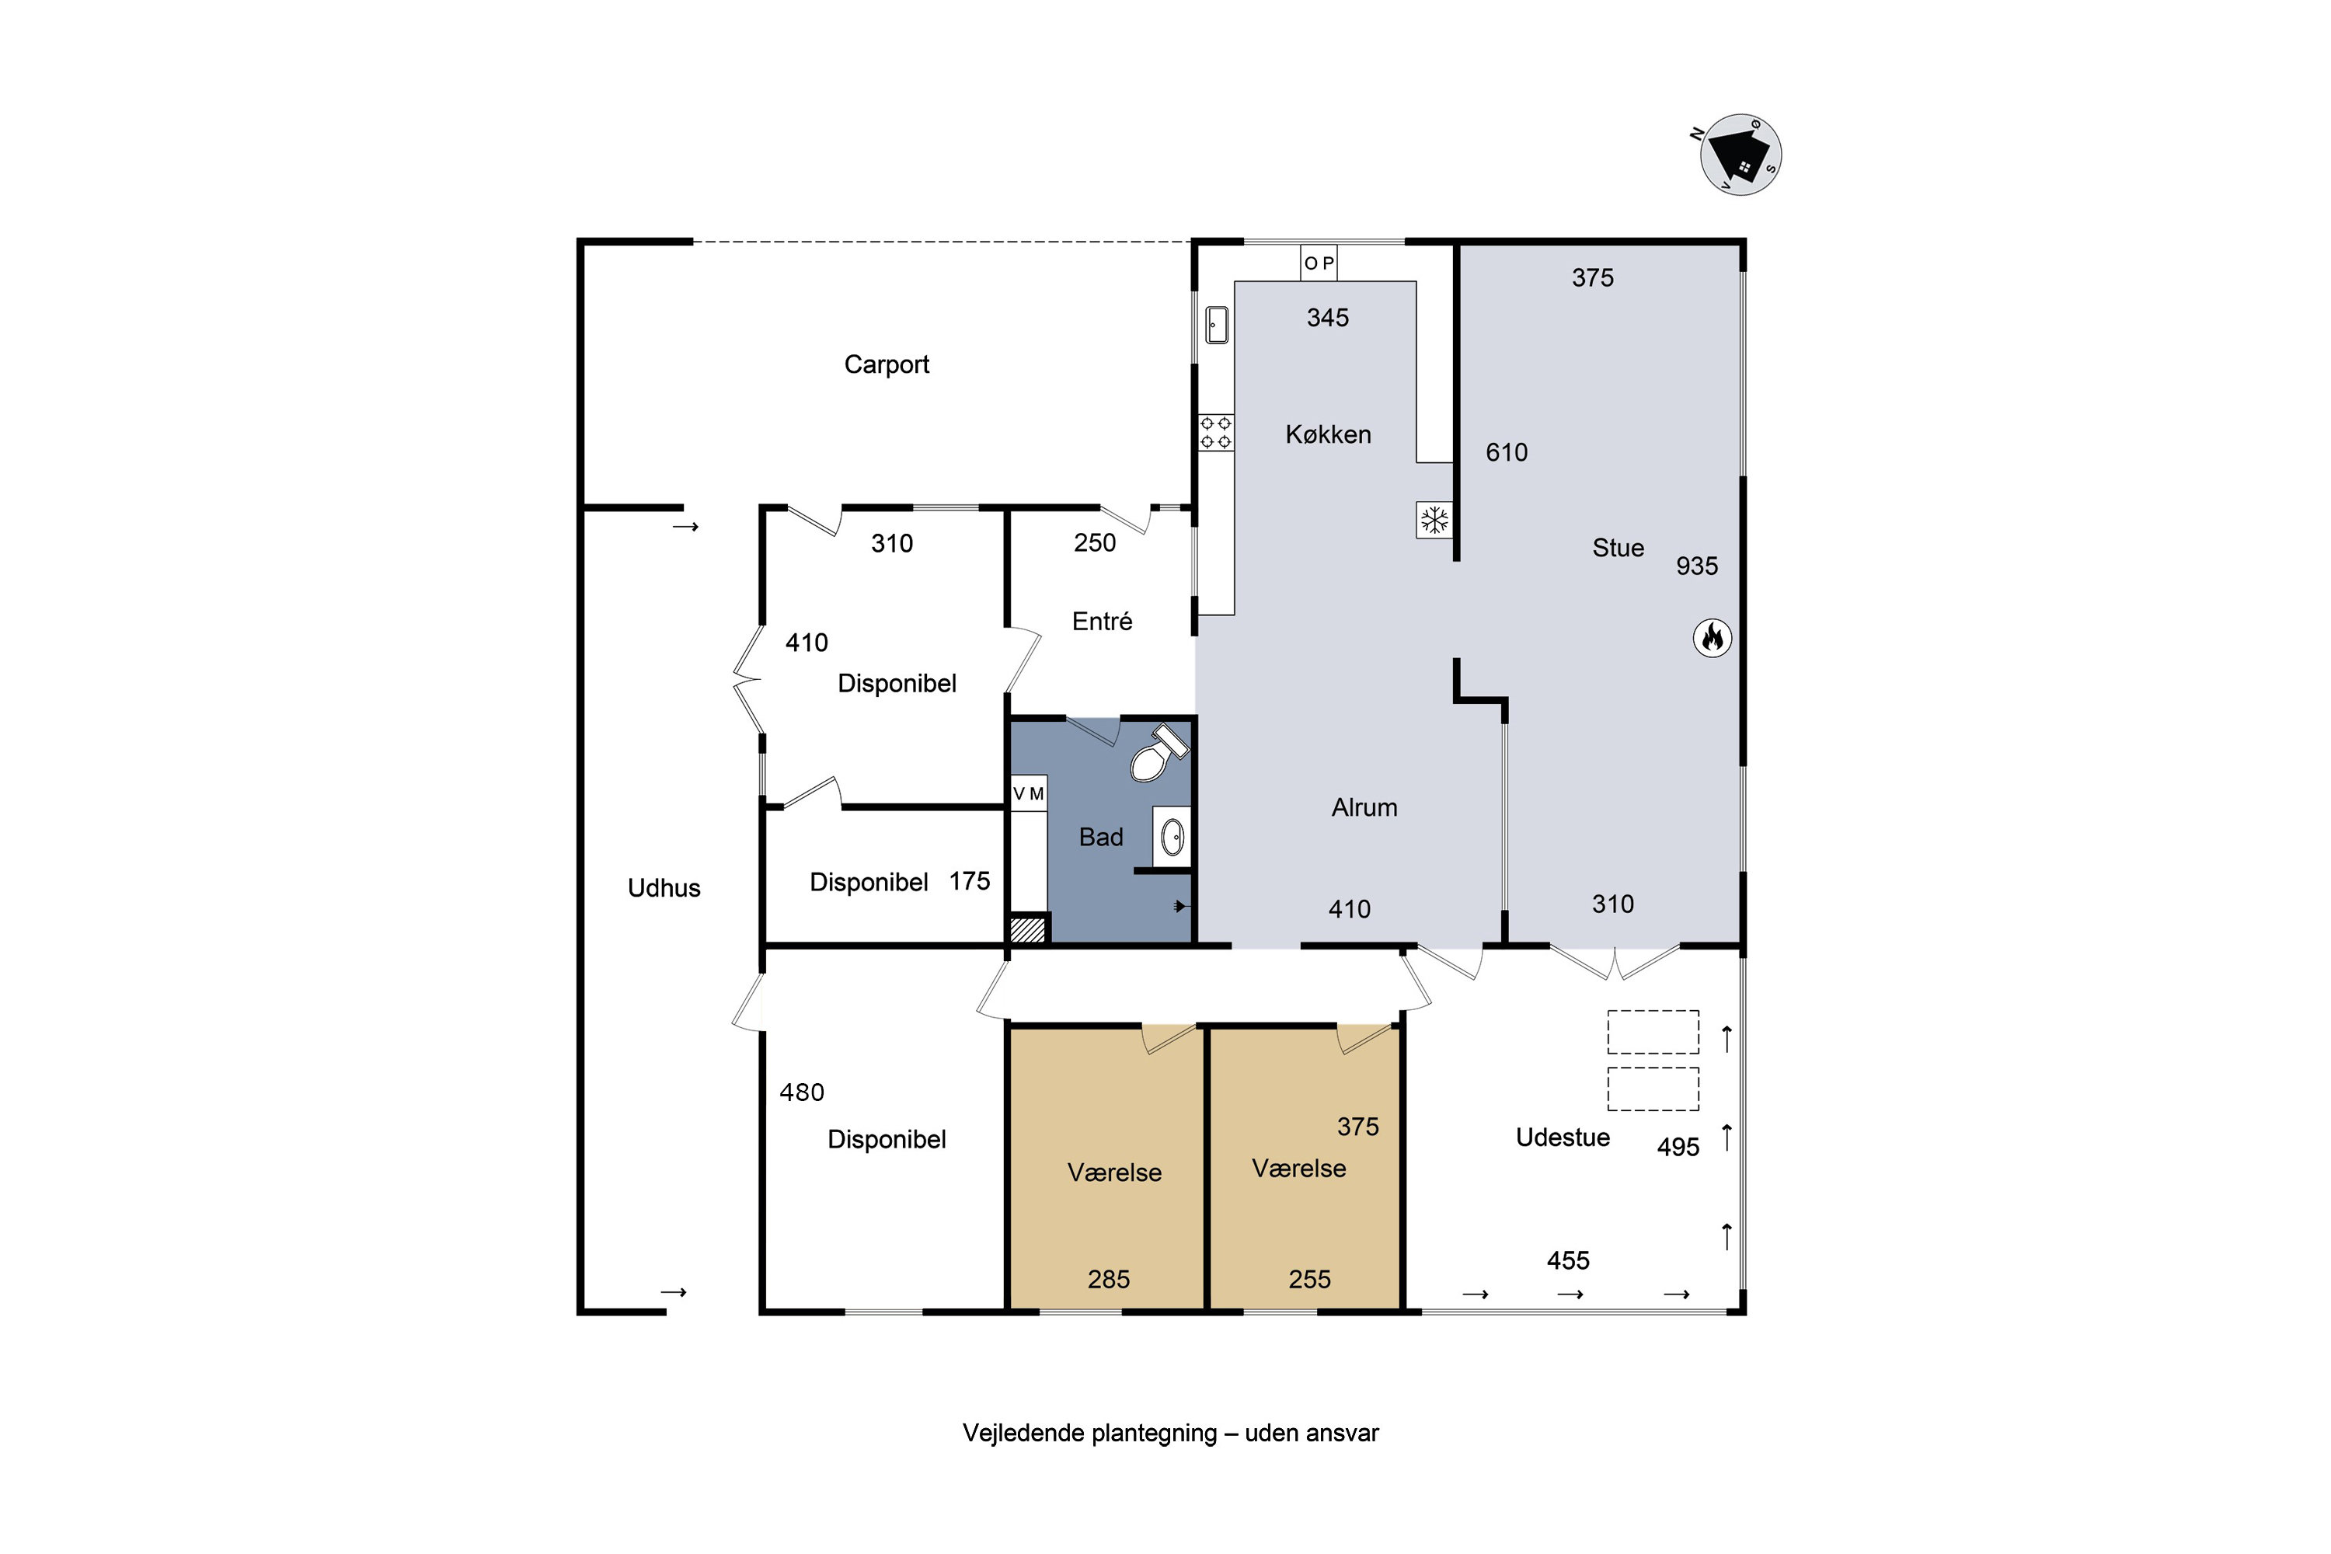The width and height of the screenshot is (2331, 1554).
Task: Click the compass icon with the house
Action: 1740,155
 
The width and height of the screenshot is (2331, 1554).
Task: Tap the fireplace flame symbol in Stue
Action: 1712,637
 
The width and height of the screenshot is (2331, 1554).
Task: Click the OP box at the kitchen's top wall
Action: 1318,263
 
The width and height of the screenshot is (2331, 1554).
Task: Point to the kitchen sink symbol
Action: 1217,325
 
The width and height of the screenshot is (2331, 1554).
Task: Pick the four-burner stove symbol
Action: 1216,433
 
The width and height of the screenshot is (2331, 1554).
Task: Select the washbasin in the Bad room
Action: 1172,838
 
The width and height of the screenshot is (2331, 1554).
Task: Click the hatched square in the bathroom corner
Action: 1028,929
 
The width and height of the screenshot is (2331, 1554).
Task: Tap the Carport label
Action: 886,364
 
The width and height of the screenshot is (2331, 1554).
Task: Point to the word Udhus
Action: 664,888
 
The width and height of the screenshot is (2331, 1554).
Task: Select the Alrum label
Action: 1364,808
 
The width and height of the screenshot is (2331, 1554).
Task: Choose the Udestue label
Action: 1562,1138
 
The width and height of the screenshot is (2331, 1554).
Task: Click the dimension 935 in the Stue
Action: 1697,566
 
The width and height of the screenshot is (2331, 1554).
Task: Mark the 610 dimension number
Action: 1507,453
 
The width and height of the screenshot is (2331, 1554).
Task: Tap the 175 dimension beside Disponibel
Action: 969,881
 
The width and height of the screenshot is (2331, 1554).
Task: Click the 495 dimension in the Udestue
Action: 1678,1147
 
